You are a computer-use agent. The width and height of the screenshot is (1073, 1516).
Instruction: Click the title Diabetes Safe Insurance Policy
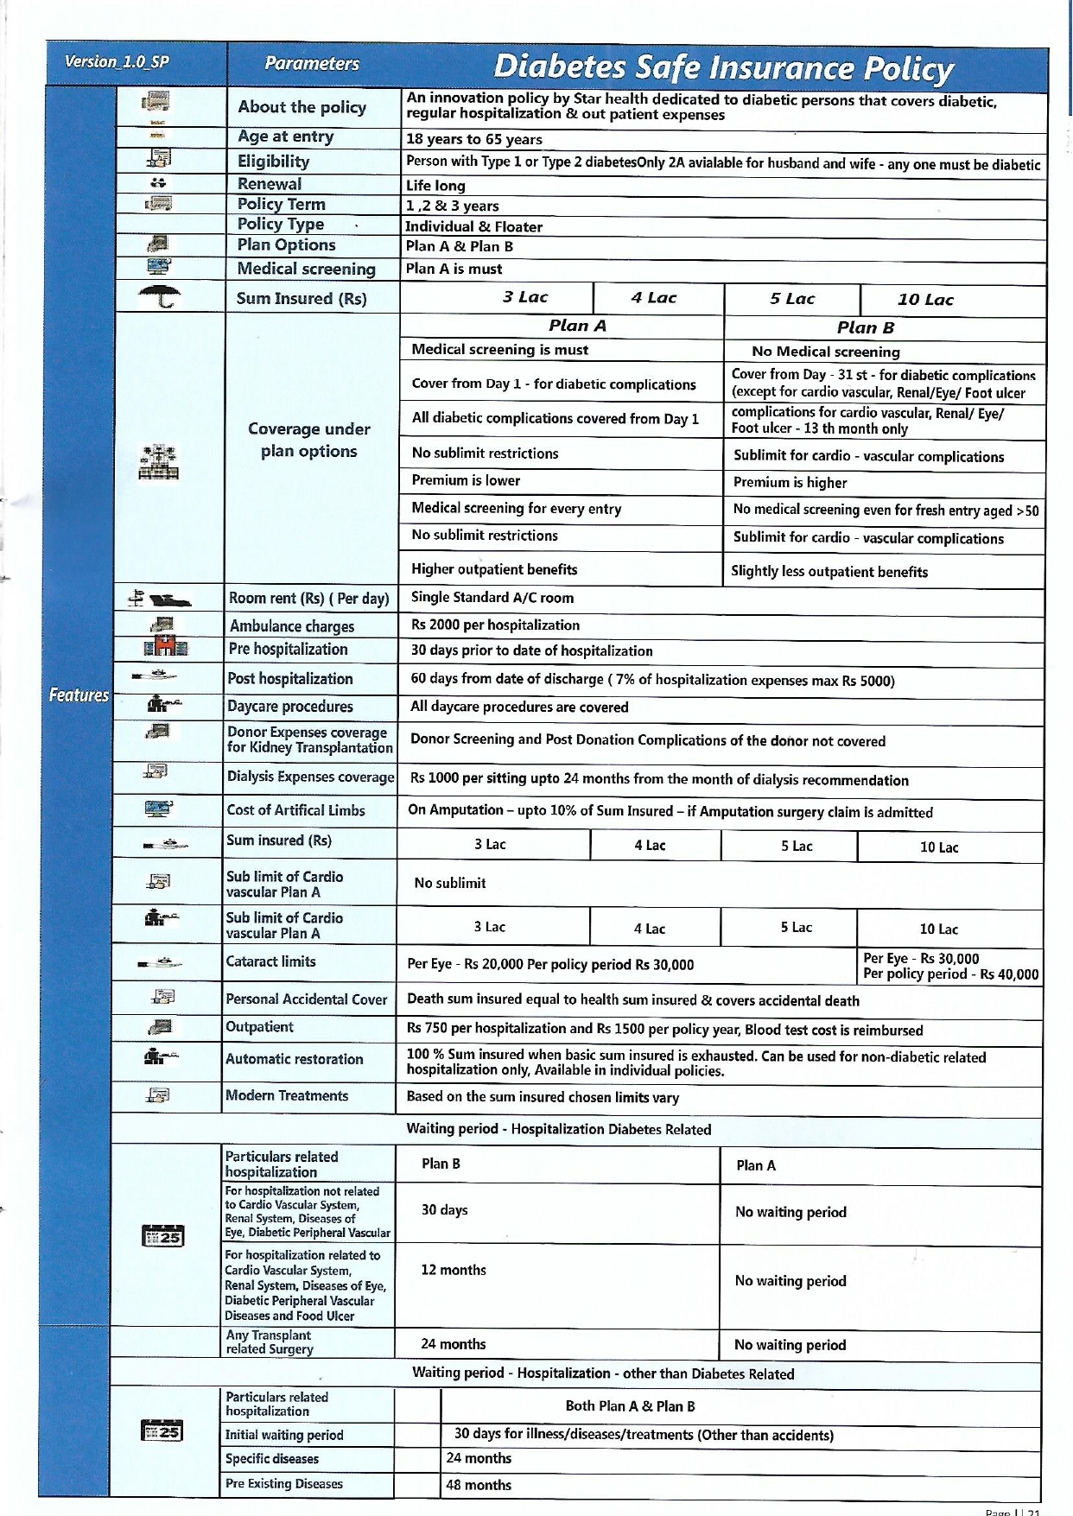tap(723, 67)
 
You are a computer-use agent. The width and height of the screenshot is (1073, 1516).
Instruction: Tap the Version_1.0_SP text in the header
tap(117, 61)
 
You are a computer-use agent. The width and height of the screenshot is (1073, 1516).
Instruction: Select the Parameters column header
tap(312, 63)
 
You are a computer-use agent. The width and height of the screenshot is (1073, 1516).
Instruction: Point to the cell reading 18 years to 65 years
tap(474, 139)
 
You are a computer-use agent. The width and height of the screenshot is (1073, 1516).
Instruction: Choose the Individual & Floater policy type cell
tap(474, 226)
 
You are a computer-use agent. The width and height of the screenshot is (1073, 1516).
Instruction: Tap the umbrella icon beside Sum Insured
tap(160, 297)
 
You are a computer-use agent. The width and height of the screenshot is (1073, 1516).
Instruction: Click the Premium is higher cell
tap(790, 482)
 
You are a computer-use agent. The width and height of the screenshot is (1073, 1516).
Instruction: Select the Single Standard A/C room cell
tap(492, 597)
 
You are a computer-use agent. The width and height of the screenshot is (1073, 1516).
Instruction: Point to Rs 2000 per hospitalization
tap(495, 625)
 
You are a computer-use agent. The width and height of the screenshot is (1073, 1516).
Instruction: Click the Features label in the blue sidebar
tap(79, 695)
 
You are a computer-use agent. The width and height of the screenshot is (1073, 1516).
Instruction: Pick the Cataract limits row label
tap(270, 961)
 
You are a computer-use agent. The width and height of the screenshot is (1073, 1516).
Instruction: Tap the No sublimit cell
tap(449, 883)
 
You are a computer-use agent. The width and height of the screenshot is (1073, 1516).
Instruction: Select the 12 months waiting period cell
tap(453, 1270)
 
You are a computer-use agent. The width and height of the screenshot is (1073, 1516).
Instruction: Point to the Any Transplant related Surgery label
tap(269, 1342)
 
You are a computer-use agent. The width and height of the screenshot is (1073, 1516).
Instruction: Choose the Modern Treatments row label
tap(287, 1095)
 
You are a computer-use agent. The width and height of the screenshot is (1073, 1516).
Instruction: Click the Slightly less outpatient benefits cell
tap(829, 571)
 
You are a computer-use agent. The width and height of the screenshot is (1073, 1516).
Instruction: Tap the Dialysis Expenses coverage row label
tap(310, 777)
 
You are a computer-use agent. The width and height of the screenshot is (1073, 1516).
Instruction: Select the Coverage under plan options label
tap(308, 440)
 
